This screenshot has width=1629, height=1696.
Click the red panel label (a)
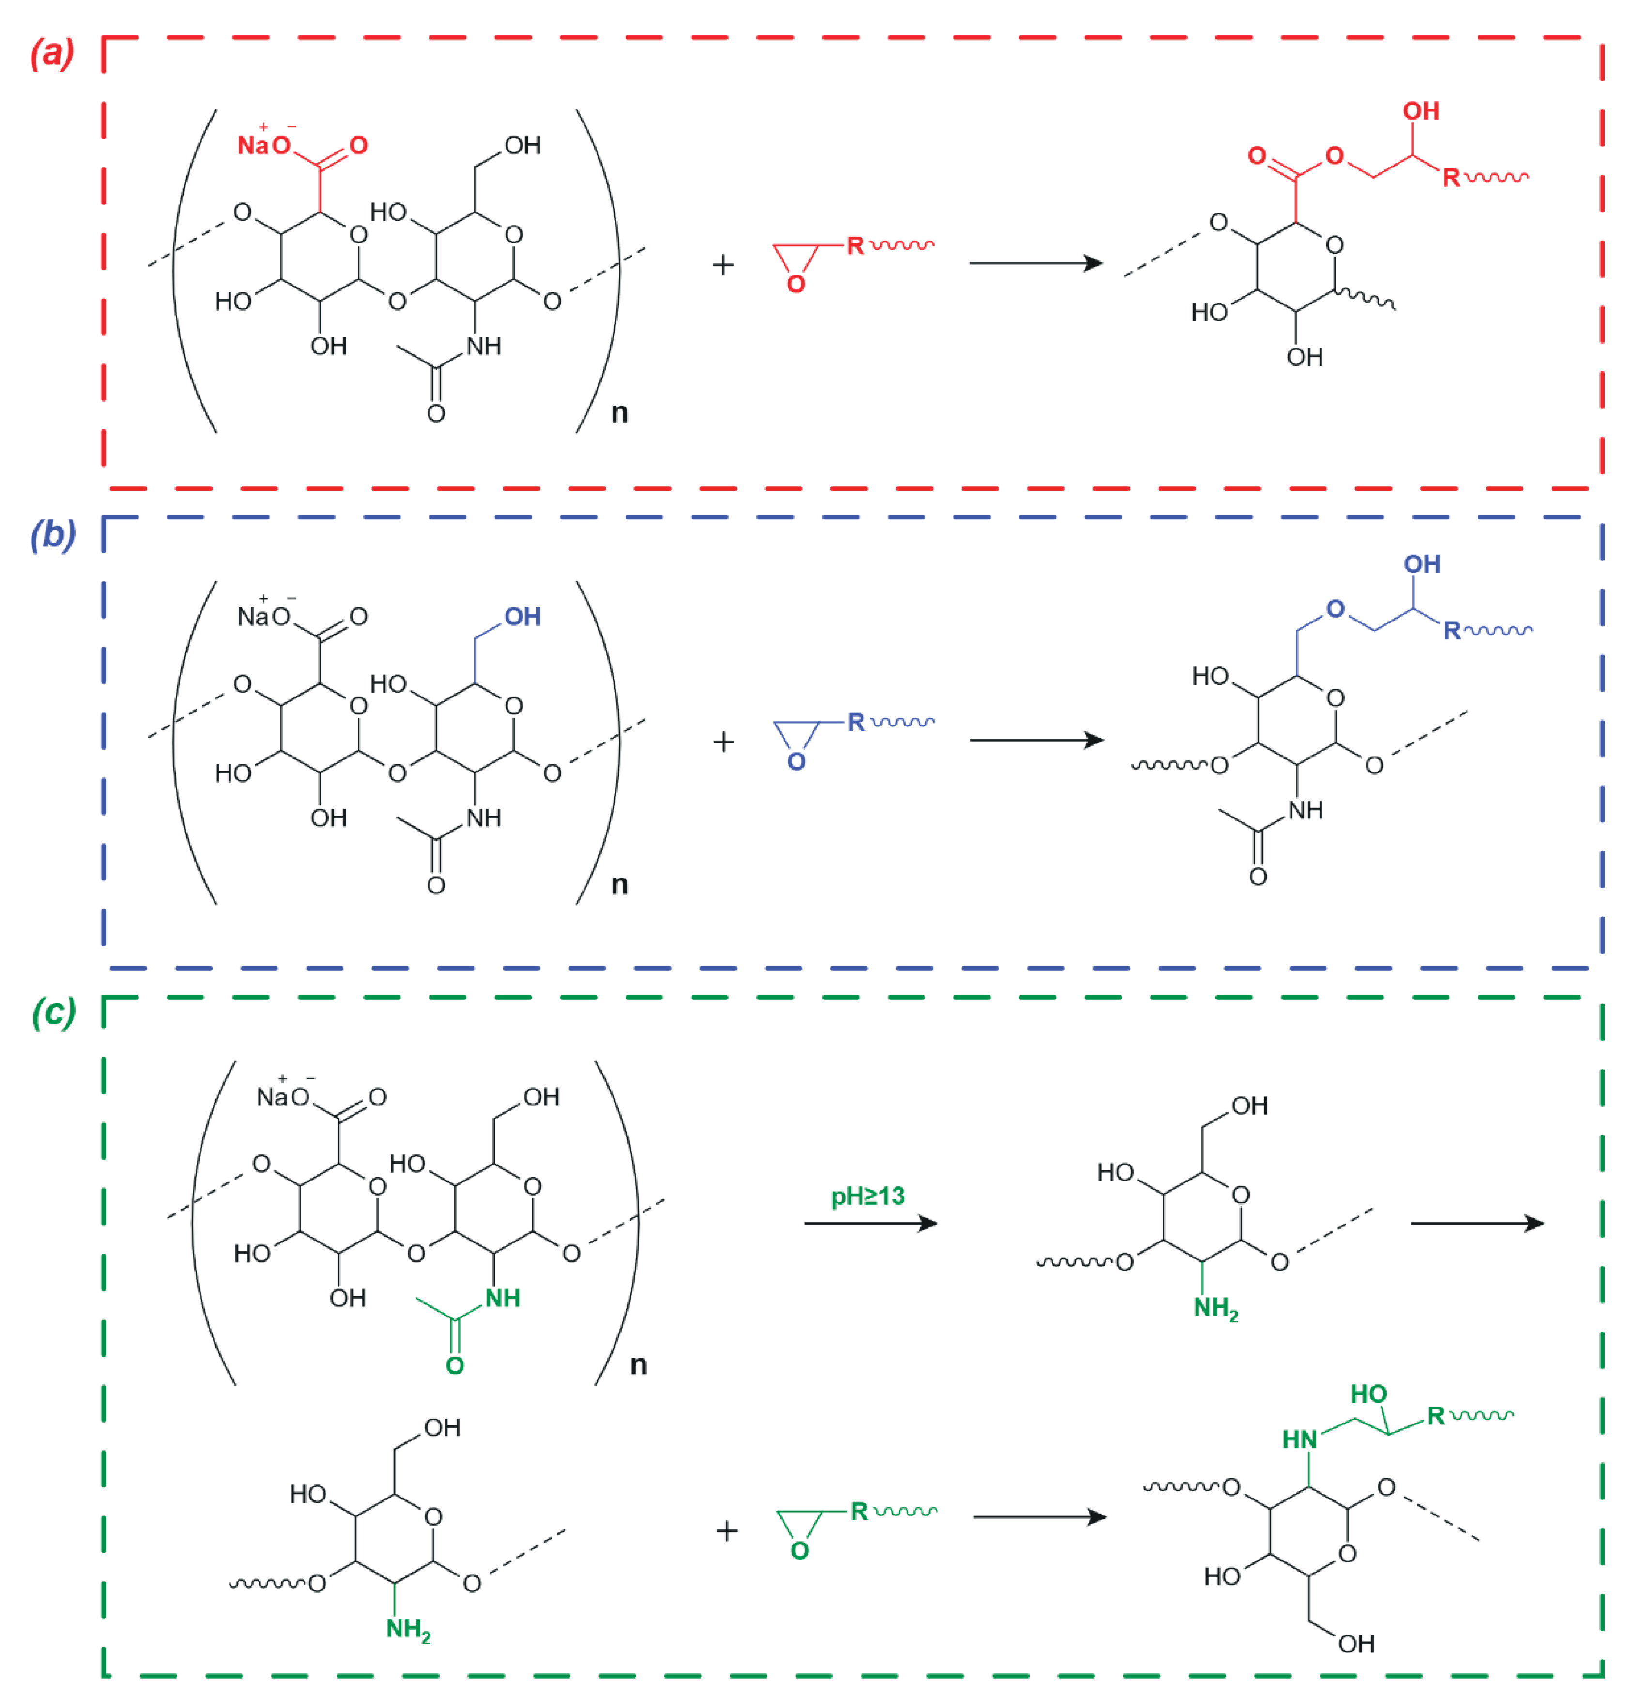[x=52, y=54]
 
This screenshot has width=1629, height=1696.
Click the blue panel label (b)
[x=52, y=535]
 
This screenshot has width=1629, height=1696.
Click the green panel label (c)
[x=54, y=1011]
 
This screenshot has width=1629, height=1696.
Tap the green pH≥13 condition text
[x=867, y=1196]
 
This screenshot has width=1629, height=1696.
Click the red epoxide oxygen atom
[x=796, y=284]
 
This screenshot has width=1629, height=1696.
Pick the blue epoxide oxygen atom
[x=796, y=761]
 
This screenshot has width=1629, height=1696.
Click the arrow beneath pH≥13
[x=870, y=1223]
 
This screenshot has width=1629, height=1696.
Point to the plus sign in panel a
[x=723, y=265]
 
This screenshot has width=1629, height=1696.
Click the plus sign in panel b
[x=723, y=742]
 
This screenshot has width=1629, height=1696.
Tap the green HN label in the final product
[x=1299, y=1439]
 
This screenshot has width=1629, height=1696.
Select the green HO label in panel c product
[x=1368, y=1394]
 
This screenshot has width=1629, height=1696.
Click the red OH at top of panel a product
[x=1420, y=111]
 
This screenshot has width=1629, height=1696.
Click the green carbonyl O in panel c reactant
[x=454, y=1365]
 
